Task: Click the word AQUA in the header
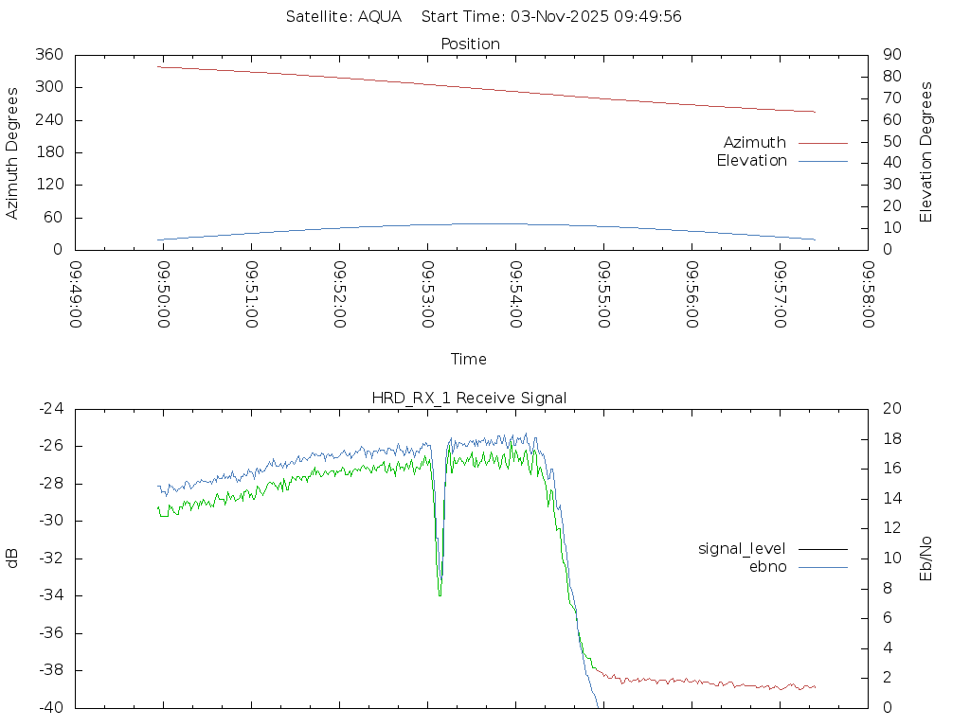tap(380, 17)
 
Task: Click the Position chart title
tap(471, 44)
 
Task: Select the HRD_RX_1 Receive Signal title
tap(469, 398)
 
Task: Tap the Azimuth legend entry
tap(755, 142)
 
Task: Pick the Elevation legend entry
tap(751, 161)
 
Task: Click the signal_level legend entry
tap(744, 548)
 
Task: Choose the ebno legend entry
tap(768, 566)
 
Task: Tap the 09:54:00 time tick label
tap(516, 294)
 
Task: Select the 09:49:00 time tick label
tap(77, 294)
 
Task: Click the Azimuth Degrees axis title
tap(13, 152)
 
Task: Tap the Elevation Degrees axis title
tap(926, 152)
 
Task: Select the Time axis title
tap(469, 359)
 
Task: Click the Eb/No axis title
tap(926, 558)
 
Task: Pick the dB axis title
tap(13, 558)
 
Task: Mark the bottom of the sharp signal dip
tap(440, 594)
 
